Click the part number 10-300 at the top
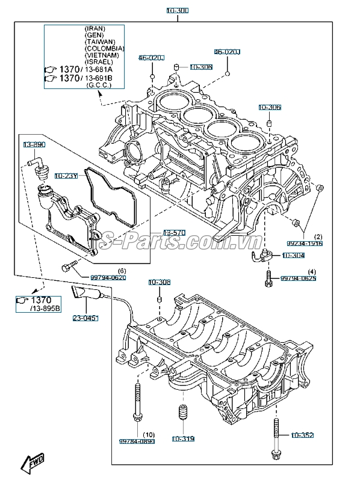tap(179, 11)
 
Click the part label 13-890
tap(34, 145)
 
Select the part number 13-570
tap(175, 232)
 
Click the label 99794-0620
tap(108, 277)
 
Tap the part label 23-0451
tap(85, 318)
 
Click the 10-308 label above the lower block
tap(160, 282)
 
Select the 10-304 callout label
tap(294, 256)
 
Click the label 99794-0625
tap(299, 278)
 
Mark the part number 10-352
tap(303, 434)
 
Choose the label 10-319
tap(182, 438)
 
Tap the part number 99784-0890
tap(137, 441)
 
